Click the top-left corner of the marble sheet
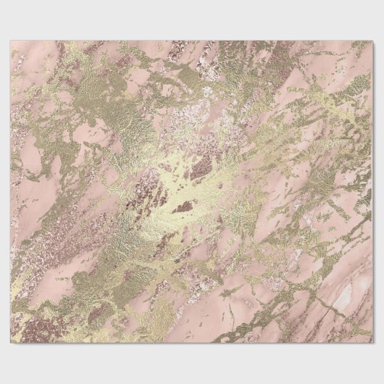(11, 41)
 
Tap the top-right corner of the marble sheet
(372, 41)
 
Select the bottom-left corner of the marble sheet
(11, 343)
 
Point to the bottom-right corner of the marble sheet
(372, 343)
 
